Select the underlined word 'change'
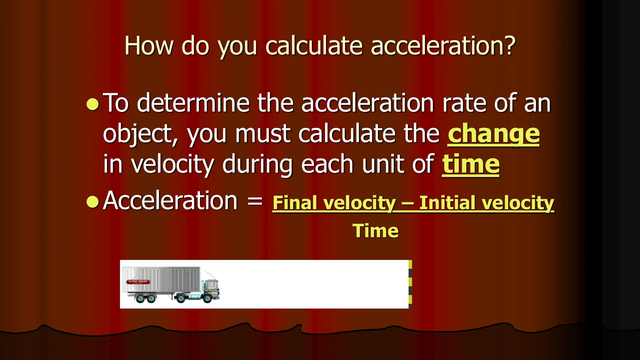pos(493,134)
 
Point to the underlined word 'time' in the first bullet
pos(471,164)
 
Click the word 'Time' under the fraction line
pos(375,231)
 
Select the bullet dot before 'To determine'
pos(92,105)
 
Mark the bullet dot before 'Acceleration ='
pos(92,202)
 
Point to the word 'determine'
pos(193,103)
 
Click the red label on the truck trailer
pos(138,282)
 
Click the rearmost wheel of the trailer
pos(140,298)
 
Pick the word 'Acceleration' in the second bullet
pos(170,201)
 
